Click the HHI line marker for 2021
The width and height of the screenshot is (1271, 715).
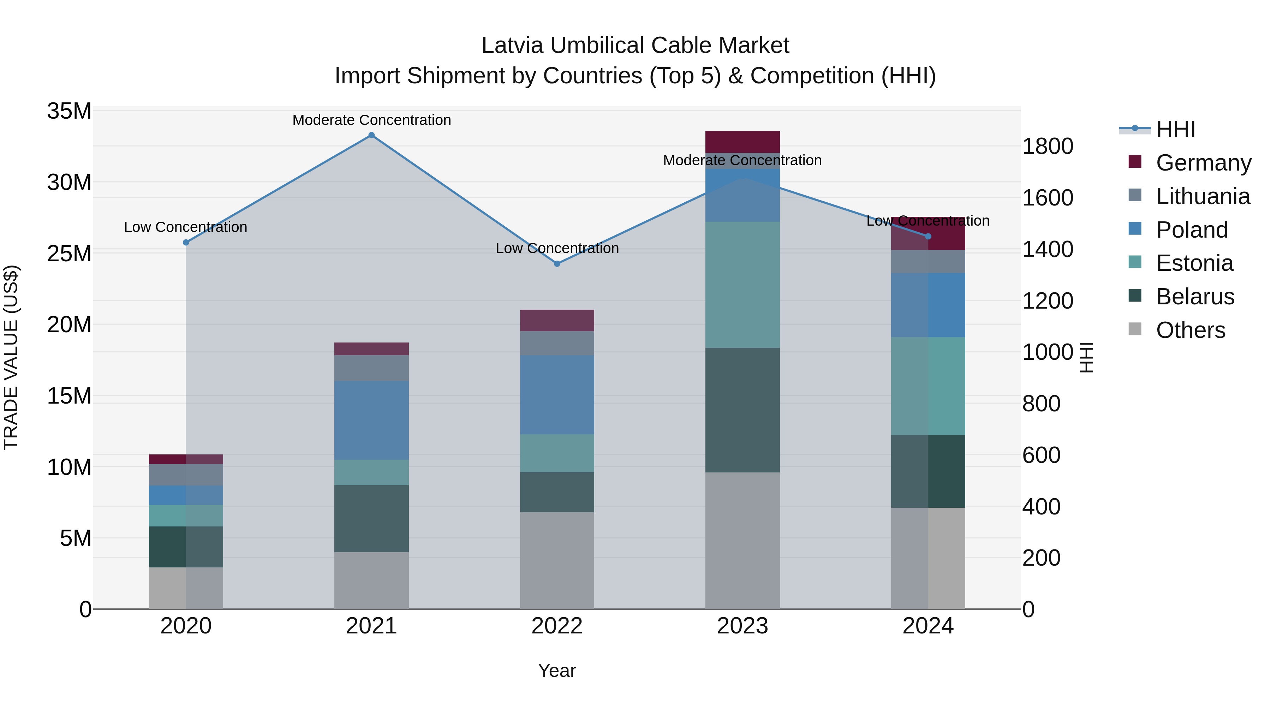371,135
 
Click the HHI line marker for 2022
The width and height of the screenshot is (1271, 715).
557,264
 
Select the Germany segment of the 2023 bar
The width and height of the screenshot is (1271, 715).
742,142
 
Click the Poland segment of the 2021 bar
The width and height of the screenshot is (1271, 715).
371,421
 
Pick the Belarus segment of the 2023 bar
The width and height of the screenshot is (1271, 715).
742,410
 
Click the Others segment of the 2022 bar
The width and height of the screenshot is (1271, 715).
557,561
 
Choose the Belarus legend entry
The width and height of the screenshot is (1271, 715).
1194,297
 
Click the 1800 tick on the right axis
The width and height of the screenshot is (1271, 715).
1048,147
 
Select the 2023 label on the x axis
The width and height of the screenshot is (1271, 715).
742,626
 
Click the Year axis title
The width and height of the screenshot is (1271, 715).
557,671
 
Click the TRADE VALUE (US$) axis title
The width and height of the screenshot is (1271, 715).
11,357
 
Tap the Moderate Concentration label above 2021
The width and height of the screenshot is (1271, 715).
371,120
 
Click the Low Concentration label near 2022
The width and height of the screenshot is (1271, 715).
557,248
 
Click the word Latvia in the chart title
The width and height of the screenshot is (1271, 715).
513,46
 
